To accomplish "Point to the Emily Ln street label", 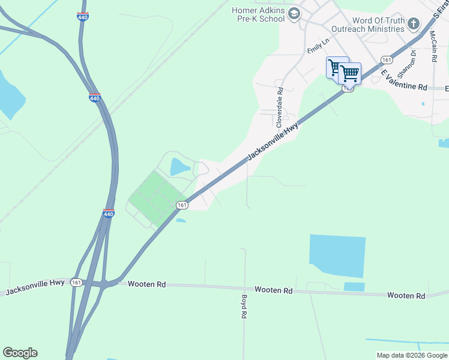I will click(x=319, y=45).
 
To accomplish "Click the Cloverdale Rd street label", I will click(x=279, y=107).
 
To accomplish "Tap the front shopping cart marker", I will click(x=349, y=74).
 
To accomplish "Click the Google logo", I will click(x=20, y=353).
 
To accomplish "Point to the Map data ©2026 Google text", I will click(x=412, y=355).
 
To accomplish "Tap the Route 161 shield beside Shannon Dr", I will click(x=387, y=60).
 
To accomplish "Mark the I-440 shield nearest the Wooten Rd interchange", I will click(x=108, y=214).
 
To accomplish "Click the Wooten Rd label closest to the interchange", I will click(x=144, y=284).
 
